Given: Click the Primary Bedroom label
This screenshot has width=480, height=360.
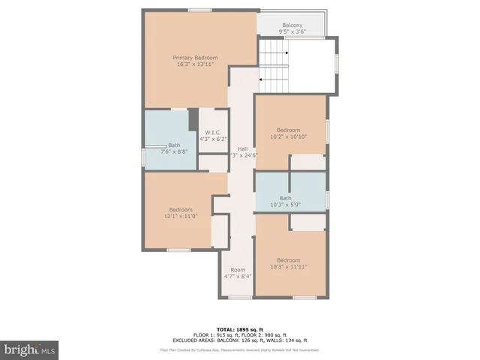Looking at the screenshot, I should [195, 58].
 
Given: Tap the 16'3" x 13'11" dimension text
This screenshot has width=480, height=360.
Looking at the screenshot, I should [195, 64].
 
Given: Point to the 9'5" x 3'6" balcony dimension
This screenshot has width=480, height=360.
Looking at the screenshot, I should [292, 32].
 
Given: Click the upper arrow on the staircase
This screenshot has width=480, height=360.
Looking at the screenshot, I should [285, 53].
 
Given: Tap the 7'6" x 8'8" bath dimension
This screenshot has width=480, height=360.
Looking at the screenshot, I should [174, 151].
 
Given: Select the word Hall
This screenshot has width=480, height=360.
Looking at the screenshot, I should [242, 148].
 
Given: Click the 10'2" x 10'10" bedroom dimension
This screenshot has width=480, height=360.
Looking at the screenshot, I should [289, 136].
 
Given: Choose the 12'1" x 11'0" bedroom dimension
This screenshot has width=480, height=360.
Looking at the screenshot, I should [181, 216].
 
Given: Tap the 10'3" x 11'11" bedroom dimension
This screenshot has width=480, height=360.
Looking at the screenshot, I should [289, 266].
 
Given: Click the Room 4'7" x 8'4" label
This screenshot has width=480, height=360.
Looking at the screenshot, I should [238, 273].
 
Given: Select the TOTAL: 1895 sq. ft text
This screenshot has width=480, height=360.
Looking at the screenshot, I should [239, 328].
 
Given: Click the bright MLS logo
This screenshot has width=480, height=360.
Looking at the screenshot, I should [30, 349].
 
